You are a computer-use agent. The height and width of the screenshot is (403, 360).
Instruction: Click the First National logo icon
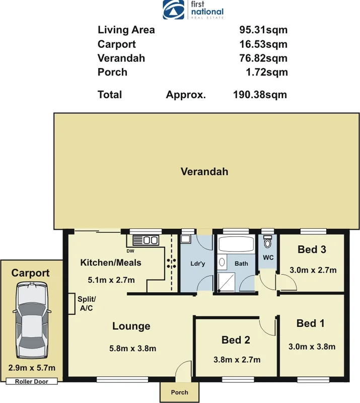tap(174, 9)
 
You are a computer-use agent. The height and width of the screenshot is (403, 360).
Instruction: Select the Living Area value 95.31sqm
tap(263, 30)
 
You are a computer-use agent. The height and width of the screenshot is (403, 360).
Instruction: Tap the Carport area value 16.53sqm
tap(263, 44)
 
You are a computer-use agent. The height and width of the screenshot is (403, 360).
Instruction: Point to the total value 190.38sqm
tap(260, 94)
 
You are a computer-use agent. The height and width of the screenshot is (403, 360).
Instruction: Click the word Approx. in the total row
tap(186, 94)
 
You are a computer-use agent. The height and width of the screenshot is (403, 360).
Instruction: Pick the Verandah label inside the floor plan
tap(204, 171)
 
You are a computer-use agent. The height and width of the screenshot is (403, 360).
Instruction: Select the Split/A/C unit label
tap(86, 304)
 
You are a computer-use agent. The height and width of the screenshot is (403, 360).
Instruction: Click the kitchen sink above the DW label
tap(145, 240)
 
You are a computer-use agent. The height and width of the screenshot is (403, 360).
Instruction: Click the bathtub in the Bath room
tap(236, 245)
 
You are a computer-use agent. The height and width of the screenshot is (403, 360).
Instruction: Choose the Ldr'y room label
tap(197, 263)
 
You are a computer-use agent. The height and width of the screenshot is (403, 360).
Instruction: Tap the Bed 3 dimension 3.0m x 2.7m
tap(312, 270)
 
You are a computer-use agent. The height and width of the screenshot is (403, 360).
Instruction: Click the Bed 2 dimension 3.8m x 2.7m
tap(236, 360)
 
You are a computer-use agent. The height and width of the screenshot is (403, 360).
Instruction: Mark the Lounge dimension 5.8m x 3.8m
tap(132, 348)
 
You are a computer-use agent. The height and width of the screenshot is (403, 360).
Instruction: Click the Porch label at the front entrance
tap(180, 392)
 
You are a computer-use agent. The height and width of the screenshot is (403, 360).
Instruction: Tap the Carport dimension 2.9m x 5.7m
tap(32, 368)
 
